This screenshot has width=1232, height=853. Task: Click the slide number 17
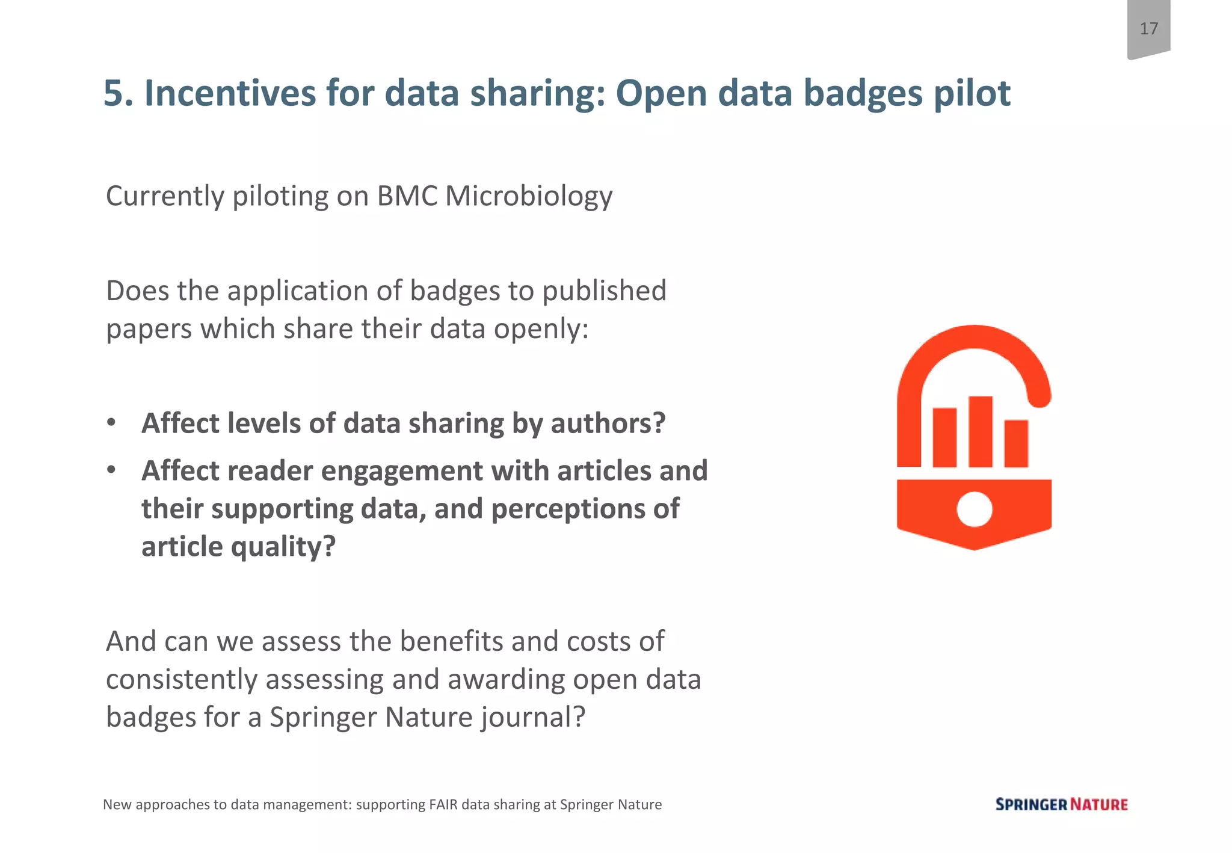[1148, 29]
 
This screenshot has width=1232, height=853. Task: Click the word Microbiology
[529, 196]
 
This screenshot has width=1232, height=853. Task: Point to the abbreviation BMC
[407, 196]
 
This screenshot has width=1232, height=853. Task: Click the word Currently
[165, 196]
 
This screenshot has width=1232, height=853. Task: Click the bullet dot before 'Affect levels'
[111, 422]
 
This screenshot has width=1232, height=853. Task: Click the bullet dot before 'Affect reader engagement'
[111, 470]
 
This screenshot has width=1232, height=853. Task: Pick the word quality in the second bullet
[283, 547]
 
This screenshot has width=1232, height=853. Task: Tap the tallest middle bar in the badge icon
[980, 431]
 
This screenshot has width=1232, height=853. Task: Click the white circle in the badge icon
[974, 510]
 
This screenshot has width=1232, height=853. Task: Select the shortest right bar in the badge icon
[1016, 443]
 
